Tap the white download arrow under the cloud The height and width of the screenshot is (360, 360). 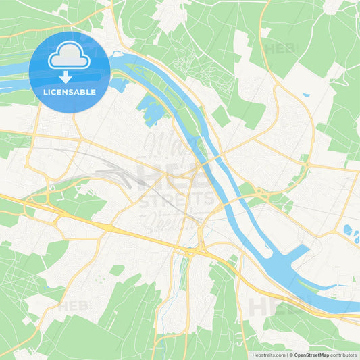click(x=69, y=76)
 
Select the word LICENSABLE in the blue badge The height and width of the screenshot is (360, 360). click(x=69, y=91)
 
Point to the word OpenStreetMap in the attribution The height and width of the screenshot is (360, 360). click(x=312, y=354)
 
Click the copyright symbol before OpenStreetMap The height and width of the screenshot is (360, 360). click(x=291, y=354)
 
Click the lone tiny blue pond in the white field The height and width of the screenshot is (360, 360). click(x=306, y=95)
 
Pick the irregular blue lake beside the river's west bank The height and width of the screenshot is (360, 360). click(x=149, y=108)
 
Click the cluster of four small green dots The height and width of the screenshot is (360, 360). click(x=99, y=278)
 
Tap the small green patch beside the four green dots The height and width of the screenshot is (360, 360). click(x=117, y=269)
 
